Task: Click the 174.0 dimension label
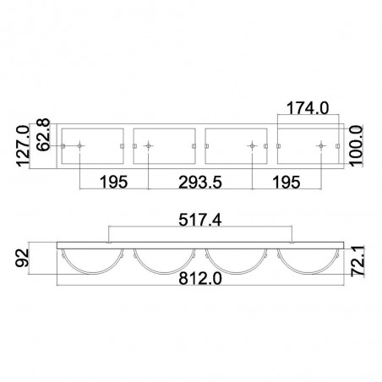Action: [x=308, y=108]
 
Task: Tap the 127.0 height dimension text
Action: [x=23, y=146]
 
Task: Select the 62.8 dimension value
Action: [x=43, y=134]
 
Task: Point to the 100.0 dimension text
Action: [x=356, y=146]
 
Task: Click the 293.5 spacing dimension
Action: [x=200, y=183]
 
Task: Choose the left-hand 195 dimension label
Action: [x=114, y=183]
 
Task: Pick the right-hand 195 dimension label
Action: [x=286, y=183]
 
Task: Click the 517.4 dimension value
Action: [x=200, y=220]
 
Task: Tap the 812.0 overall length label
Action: [x=200, y=279]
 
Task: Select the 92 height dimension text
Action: [x=23, y=258]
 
